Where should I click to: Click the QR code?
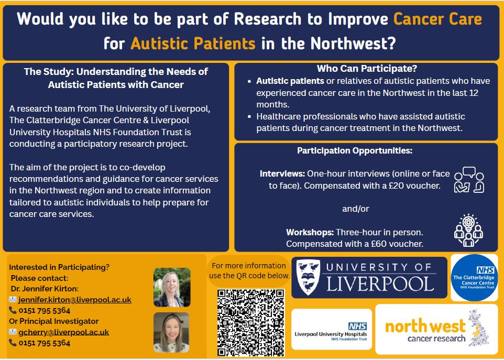click(251, 322)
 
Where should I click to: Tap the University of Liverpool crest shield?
click(308, 277)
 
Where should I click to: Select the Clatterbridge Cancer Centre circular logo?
click(474, 278)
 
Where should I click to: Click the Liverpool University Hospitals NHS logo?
click(332, 329)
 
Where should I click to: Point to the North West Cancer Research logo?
click(436, 329)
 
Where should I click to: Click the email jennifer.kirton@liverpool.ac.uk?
click(75, 300)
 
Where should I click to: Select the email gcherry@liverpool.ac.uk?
click(63, 332)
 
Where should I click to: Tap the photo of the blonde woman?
click(172, 287)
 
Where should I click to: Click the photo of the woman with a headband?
click(171, 332)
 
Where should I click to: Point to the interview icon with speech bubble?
click(469, 180)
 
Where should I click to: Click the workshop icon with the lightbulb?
click(468, 230)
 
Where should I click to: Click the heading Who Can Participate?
click(367, 69)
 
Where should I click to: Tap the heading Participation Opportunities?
click(355, 150)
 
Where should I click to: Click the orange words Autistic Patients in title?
click(193, 43)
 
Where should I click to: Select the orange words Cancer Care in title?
click(438, 19)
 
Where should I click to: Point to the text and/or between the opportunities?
click(356, 209)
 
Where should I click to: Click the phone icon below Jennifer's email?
click(13, 310)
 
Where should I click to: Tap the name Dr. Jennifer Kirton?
click(45, 289)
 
